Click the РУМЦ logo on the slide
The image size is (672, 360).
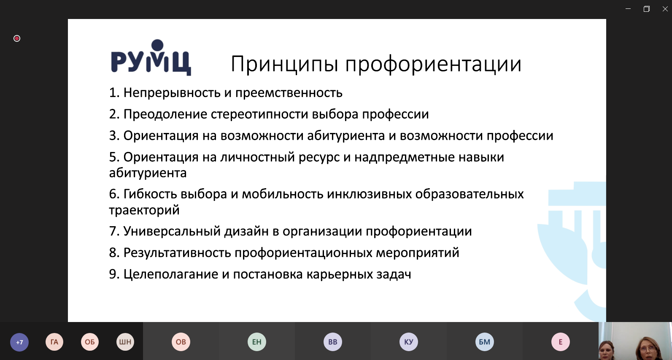coord(151,57)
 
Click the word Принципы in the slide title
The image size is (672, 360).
coord(285,64)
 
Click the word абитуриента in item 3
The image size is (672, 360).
coord(346,136)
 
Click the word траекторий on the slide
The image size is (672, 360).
coord(144,210)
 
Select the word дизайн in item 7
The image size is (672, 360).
coord(246,231)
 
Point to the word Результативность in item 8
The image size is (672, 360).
coord(177,253)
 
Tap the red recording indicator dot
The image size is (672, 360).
coord(17,38)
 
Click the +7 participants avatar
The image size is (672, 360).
coord(19,342)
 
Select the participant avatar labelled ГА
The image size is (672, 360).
coord(54,342)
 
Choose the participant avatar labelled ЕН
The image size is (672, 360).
coord(257,342)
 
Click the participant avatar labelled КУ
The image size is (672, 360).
coord(409,342)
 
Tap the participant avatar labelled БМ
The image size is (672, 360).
coord(485,342)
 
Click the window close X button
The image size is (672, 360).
coord(665,9)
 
